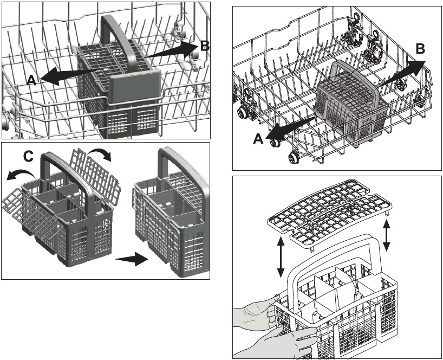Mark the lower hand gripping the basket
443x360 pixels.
tap(282, 342)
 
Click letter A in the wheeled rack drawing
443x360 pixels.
tap(259, 138)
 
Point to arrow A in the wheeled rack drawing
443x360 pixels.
tap(292, 125)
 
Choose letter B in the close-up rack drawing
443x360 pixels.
tap(204, 46)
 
